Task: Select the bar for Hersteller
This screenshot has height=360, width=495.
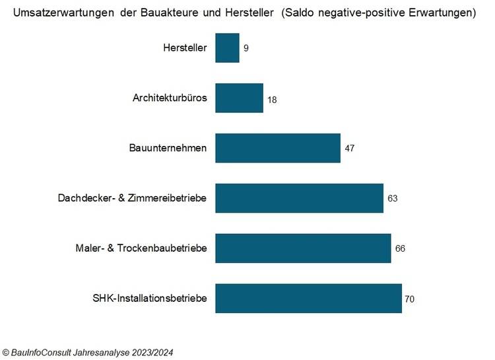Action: (x=227, y=48)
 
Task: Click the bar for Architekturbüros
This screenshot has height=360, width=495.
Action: (x=239, y=98)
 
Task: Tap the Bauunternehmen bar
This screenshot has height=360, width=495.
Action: (x=278, y=148)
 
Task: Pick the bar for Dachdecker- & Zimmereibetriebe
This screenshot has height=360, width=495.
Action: (x=299, y=198)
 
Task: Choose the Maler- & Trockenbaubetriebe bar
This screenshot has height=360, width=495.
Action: (x=303, y=248)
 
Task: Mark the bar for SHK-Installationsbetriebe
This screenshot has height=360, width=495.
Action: (x=308, y=299)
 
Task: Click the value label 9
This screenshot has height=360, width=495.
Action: (x=246, y=49)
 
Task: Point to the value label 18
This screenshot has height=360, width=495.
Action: (x=272, y=99)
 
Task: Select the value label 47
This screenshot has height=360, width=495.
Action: (x=350, y=149)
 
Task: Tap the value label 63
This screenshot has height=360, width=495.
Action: (x=393, y=199)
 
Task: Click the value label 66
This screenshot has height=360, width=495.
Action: (x=400, y=249)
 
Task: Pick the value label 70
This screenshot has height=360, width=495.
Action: (x=409, y=299)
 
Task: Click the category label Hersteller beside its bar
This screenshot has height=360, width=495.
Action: (x=185, y=48)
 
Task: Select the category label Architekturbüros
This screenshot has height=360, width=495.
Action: (x=170, y=98)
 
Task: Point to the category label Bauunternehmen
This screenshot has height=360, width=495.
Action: (x=168, y=148)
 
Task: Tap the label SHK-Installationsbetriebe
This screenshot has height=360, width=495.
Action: (x=150, y=299)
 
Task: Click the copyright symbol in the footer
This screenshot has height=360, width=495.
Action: (x=6, y=353)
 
